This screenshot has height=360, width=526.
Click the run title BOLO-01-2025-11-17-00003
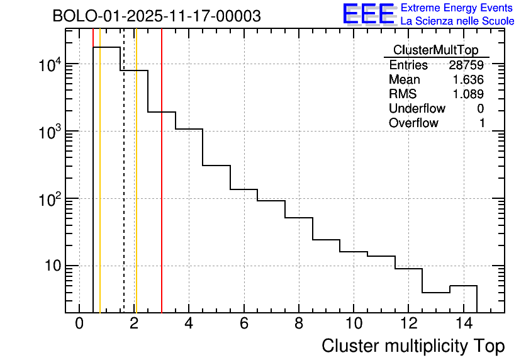click(x=157, y=16)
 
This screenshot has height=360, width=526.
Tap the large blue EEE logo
click(x=368, y=14)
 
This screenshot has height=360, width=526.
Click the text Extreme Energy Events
click(x=457, y=8)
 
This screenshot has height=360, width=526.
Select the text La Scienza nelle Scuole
click(x=457, y=21)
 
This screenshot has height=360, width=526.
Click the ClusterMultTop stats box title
click(x=435, y=50)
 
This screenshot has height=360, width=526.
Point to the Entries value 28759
click(x=466, y=65)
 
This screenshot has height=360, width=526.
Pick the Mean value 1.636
click(x=468, y=80)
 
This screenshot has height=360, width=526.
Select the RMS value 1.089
click(x=468, y=94)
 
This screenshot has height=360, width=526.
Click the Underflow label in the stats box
click(x=417, y=109)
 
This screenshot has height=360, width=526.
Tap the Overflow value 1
click(x=482, y=123)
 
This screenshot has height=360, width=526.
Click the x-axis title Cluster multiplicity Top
click(x=413, y=346)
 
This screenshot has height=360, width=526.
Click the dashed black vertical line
click(x=124, y=189)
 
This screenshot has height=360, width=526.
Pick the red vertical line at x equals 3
click(x=162, y=189)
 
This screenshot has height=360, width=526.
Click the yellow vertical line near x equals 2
click(x=136, y=189)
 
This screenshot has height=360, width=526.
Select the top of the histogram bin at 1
click(x=107, y=47)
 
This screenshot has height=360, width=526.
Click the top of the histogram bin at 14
click(x=463, y=286)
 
